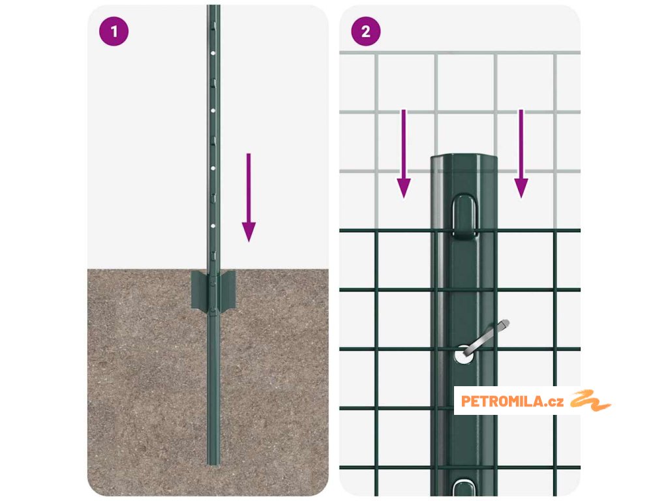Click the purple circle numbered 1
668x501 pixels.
(114, 31)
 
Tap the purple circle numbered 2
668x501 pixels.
(366, 31)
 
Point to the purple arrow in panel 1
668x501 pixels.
(249, 197)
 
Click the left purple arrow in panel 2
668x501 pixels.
(404, 154)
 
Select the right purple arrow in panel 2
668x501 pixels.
(521, 154)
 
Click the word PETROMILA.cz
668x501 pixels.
(512, 401)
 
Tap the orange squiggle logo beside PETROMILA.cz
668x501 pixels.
(590, 401)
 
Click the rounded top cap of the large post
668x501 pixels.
(464, 162)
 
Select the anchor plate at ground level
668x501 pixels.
(213, 290)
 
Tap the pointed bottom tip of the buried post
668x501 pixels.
(213, 464)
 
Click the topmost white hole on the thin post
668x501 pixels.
(213, 53)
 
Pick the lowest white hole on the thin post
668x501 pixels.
(213, 226)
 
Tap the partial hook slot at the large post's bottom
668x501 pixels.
(464, 487)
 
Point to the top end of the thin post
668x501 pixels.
(213, 6)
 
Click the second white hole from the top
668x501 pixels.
(213, 111)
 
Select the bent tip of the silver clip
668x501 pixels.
(504, 324)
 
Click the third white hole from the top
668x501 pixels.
(213, 168)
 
